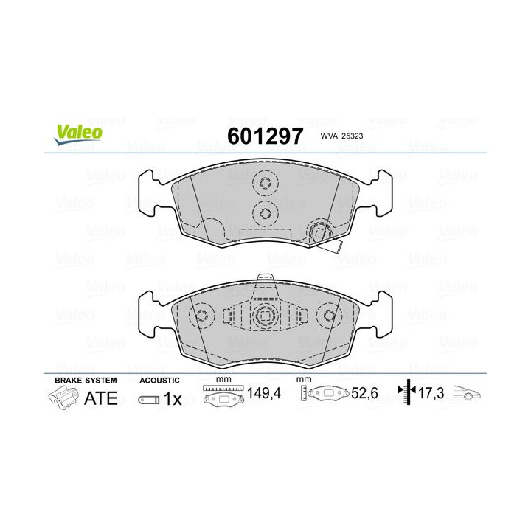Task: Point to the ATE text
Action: (100, 399)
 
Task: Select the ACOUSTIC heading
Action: (159, 380)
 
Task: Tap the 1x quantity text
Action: (172, 399)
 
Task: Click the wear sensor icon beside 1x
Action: (148, 400)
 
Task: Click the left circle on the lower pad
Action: (201, 315)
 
